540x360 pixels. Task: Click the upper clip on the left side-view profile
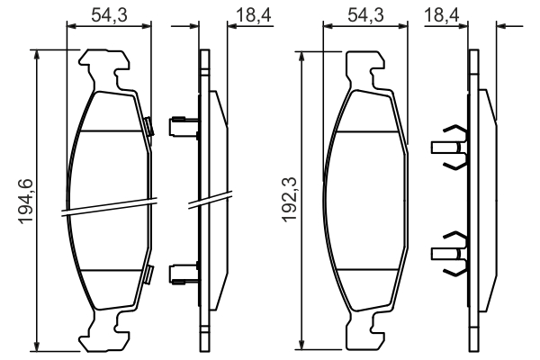183,123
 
